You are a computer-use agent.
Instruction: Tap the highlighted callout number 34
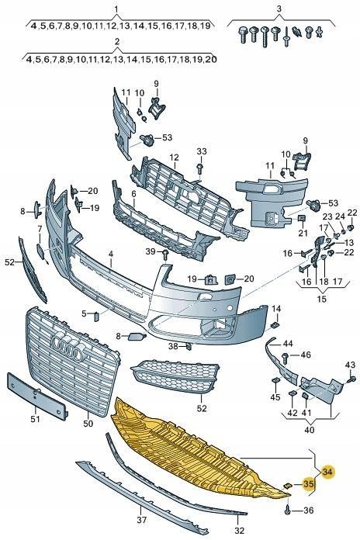[327, 471]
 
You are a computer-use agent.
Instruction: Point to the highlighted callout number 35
[310, 486]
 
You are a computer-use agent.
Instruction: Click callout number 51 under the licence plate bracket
[33, 421]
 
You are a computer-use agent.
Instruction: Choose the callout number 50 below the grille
[87, 424]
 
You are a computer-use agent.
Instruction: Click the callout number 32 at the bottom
[239, 531]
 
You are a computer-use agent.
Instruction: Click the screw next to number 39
[166, 254]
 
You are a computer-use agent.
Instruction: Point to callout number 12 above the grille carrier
[175, 157]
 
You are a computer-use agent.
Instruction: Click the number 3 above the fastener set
[278, 9]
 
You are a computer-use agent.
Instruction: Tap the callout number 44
[288, 343]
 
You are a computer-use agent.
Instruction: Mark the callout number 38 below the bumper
[174, 346]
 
